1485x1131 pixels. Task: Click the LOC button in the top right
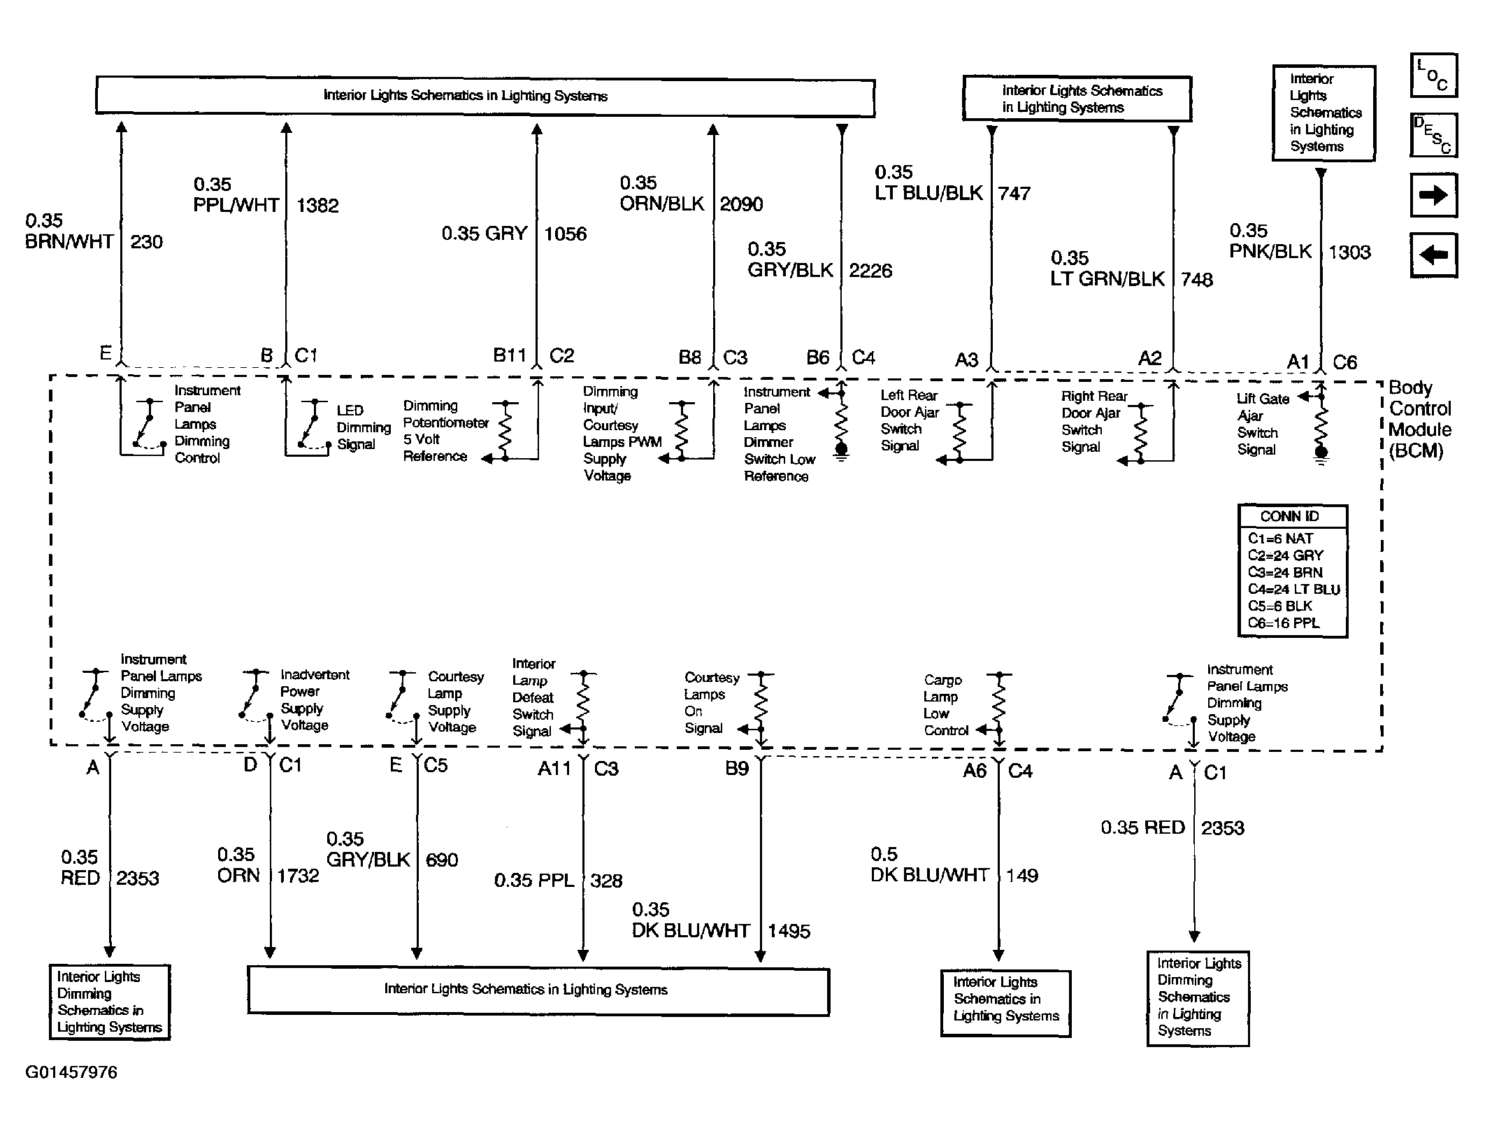click(1433, 75)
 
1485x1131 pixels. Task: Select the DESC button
click(1433, 135)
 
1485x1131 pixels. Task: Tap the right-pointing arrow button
click(1433, 195)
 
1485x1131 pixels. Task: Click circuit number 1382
click(317, 206)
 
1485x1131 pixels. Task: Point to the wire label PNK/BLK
click(1270, 252)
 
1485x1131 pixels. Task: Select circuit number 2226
click(870, 271)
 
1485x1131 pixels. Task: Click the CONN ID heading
click(1289, 516)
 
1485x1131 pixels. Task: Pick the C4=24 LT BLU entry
click(1293, 589)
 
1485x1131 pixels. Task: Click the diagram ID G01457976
click(71, 1072)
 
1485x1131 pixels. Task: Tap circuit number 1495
click(789, 931)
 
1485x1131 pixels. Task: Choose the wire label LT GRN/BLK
click(1107, 279)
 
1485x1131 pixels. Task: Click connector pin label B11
click(509, 356)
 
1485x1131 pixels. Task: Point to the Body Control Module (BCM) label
click(1419, 418)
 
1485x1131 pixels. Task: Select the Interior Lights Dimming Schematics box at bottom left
click(109, 1002)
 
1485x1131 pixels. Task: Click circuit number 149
click(1021, 875)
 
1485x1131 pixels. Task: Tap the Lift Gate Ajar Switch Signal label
click(1262, 424)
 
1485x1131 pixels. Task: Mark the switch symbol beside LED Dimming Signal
click(311, 424)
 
